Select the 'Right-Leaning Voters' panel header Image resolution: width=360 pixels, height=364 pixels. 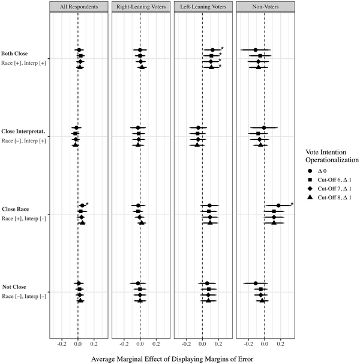pyautogui.click(x=140, y=7)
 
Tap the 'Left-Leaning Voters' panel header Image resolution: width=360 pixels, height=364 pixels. pyautogui.click(x=202, y=7)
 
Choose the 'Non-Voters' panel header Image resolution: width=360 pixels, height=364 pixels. pyautogui.click(x=265, y=7)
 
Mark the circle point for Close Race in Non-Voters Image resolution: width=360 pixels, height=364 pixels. pyautogui.click(x=278, y=206)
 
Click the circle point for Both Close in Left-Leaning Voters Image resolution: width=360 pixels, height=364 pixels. pyautogui.click(x=212, y=50)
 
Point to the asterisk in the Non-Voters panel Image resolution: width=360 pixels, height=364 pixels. pyautogui.click(x=292, y=204)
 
